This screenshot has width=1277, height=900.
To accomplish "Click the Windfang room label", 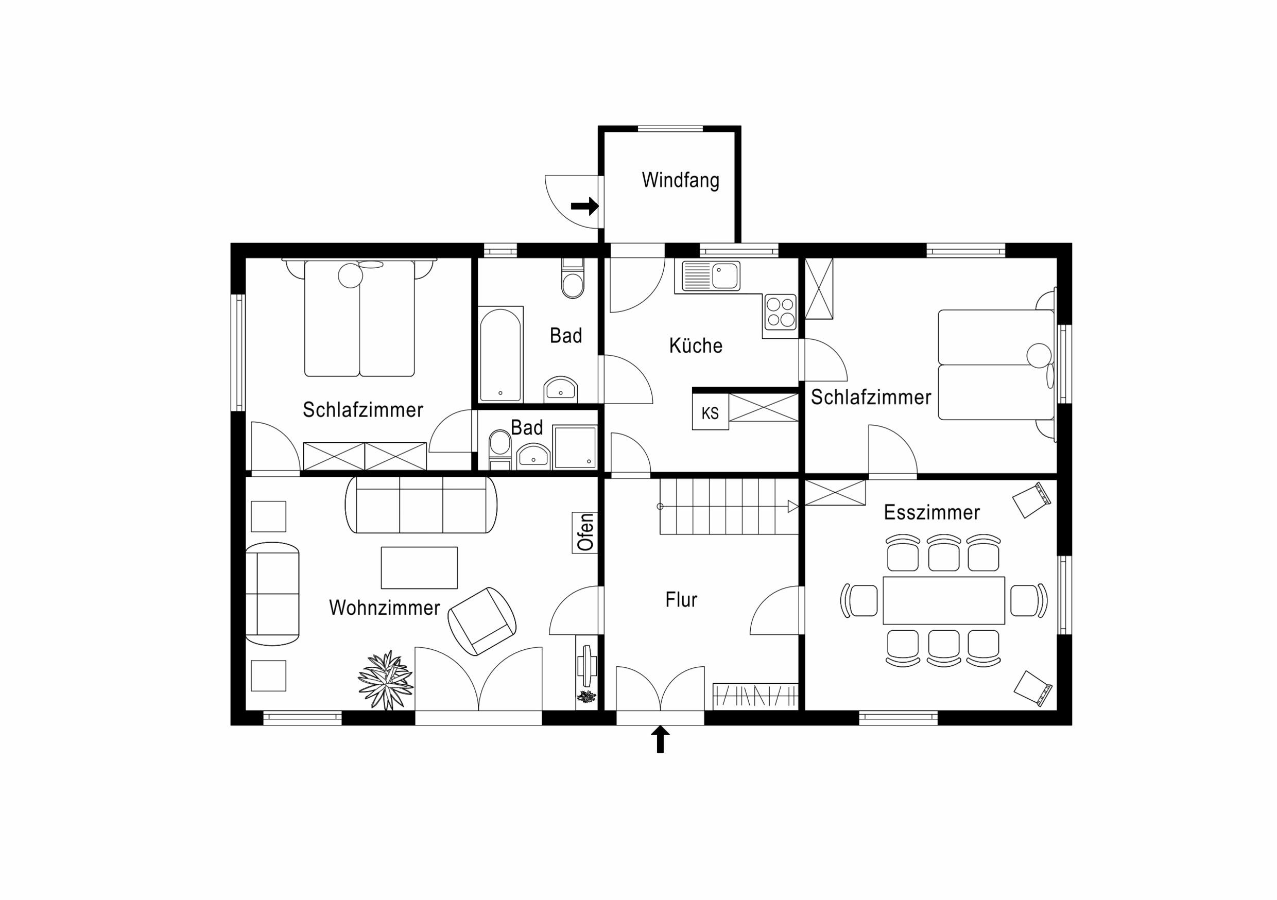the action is coord(680,180).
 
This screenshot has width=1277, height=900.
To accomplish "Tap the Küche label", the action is coord(696,345).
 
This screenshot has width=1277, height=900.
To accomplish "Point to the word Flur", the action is coord(681,599).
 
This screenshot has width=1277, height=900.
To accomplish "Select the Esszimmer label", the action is coord(931,512).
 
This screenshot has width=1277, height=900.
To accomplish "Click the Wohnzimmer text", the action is coord(384,608).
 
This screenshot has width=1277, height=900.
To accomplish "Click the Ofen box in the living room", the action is coord(585,532).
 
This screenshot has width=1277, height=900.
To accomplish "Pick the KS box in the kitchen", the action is coord(710,412).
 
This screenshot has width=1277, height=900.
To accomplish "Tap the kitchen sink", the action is coord(711,276).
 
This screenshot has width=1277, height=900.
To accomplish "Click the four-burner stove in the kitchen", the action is coord(780,312).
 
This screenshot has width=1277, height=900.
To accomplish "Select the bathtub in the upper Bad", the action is coord(501,354).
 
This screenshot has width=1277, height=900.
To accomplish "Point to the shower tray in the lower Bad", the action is coord(575,447).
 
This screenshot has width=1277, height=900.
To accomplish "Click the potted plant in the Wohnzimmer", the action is coord(386,680).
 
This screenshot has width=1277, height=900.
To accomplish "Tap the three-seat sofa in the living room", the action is coord(421,505).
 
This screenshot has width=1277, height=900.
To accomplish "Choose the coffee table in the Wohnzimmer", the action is coord(419,567).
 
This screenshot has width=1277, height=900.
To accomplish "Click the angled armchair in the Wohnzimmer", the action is coord(481,621).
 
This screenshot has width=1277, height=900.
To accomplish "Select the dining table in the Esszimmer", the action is coord(944,600).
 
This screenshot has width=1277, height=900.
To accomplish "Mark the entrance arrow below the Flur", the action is coord(660,739).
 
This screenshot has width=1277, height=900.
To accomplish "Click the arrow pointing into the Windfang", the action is coord(584,206).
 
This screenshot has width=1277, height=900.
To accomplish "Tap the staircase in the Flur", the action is coord(729,507).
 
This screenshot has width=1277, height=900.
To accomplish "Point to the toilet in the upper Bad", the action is coord(573,278).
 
